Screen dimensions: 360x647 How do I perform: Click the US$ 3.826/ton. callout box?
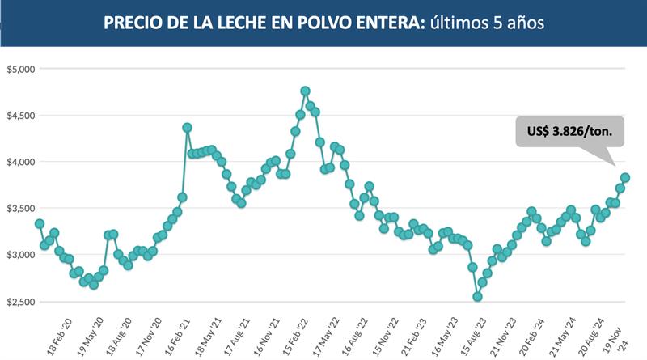tap(565, 129)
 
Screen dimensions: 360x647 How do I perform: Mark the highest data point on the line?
tap(305, 91)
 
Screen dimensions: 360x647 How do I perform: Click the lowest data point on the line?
tap(478, 297)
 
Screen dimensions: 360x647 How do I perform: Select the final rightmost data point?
tap(625, 178)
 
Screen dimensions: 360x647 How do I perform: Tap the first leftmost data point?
tap(40, 223)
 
